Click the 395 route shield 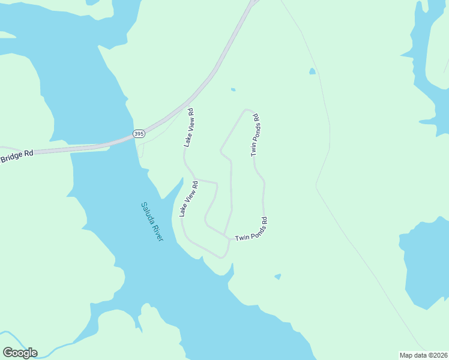pyautogui.click(x=139, y=133)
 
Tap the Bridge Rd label pyautogui.click(x=17, y=157)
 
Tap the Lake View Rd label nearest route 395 pyautogui.click(x=189, y=127)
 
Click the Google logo pyautogui.click(x=20, y=353)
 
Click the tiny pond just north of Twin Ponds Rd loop pyautogui.click(x=233, y=90)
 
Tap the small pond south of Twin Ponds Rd pyautogui.click(x=277, y=277)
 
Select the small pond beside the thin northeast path pyautogui.click(x=312, y=71)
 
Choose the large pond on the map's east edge pyautogui.click(x=427, y=264)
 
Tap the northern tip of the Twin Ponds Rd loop pyautogui.click(x=246, y=110)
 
